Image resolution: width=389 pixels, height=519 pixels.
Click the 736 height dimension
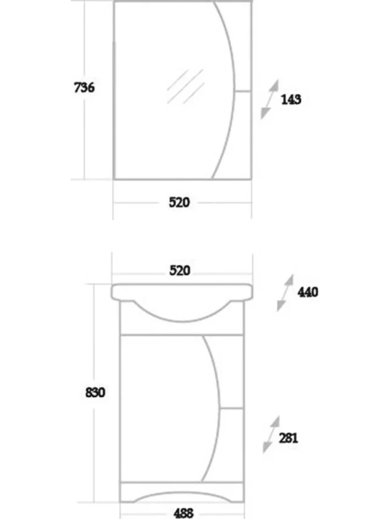coord(84,88)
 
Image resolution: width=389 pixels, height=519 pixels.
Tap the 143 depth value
coord(291,100)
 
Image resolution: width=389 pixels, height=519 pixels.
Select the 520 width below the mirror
coord(179,202)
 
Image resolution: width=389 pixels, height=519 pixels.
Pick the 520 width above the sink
coord(180,270)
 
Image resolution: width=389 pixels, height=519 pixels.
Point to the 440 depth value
coord(308,292)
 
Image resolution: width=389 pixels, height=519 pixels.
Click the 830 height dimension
coord(95,392)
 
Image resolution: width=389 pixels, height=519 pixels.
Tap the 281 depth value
coord(289,438)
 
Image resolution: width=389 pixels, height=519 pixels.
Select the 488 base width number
coord(183,513)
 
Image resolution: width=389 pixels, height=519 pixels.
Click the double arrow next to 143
coord(269,100)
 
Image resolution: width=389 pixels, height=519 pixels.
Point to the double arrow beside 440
coord(285,293)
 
